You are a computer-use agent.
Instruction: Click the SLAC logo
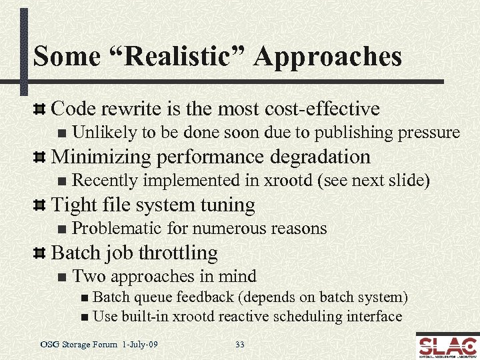(x=446, y=345)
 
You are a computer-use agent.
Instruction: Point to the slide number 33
(x=240, y=345)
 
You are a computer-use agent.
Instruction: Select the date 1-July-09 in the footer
(x=141, y=345)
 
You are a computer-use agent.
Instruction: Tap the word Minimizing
(x=99, y=157)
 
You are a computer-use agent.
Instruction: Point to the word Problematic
(x=117, y=229)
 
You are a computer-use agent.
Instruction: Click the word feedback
(x=190, y=297)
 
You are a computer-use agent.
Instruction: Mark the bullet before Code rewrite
(x=40, y=109)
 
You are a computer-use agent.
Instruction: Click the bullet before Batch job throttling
(x=40, y=253)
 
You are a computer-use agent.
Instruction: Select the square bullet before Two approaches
(x=62, y=277)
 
